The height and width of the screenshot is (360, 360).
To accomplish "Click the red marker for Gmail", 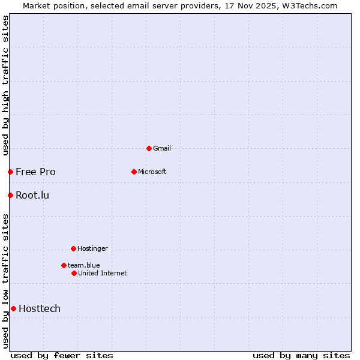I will (x=149, y=148).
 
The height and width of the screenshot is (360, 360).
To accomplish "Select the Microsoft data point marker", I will (x=134, y=172).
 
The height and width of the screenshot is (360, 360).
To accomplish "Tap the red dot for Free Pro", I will (x=10, y=172).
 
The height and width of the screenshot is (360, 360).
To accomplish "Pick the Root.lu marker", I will (x=10, y=195).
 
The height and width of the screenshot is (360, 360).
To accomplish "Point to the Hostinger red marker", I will (x=73, y=248).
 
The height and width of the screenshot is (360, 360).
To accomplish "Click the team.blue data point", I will (x=64, y=265).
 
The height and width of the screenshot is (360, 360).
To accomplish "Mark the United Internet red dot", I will (x=74, y=273).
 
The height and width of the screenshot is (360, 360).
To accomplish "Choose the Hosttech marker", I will (x=13, y=308).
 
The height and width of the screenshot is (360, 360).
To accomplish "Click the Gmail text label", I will (x=162, y=148).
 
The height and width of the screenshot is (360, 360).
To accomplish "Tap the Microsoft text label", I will (x=152, y=172).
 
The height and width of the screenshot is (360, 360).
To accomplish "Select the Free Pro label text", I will (x=35, y=172).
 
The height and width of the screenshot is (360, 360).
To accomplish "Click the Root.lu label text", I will (x=32, y=195).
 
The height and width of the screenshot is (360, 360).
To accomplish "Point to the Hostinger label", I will (x=92, y=248).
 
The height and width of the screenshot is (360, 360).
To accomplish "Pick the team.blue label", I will (x=83, y=265).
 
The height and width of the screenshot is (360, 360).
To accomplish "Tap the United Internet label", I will (x=102, y=273).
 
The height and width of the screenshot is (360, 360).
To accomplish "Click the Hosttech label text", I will (x=40, y=308).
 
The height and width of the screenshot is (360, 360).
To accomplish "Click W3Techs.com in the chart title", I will (x=310, y=5).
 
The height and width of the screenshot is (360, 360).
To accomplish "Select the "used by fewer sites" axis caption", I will (x=62, y=355).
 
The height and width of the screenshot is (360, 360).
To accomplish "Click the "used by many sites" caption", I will (x=301, y=355).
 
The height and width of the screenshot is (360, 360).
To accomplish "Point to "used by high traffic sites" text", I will (x=5, y=85).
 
